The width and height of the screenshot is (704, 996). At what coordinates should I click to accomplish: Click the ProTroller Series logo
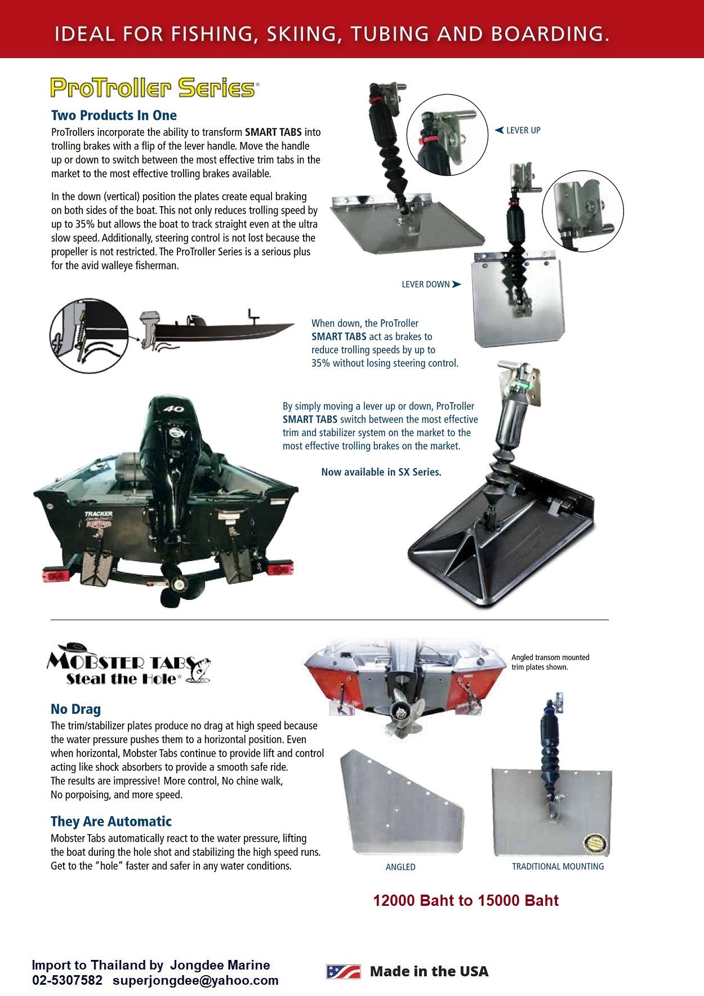(x=153, y=88)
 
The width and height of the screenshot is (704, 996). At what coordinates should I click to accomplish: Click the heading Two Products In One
(x=114, y=115)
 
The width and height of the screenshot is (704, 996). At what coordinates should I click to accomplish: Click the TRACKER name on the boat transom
(x=99, y=514)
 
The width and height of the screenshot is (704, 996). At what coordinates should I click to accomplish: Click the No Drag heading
(x=75, y=709)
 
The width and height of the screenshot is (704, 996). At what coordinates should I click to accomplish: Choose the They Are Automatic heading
(x=111, y=821)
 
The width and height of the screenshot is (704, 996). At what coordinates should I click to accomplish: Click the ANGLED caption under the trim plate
(x=400, y=867)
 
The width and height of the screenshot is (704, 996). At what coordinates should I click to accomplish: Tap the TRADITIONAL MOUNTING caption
(x=558, y=866)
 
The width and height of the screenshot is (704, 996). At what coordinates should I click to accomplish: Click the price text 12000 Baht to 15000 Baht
(x=466, y=900)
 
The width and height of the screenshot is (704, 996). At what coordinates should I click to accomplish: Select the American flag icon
(x=344, y=971)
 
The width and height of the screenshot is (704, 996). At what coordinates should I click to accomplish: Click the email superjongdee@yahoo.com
(x=195, y=980)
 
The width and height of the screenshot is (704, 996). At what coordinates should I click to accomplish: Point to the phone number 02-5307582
(x=67, y=980)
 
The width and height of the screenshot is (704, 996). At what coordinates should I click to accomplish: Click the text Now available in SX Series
(x=381, y=472)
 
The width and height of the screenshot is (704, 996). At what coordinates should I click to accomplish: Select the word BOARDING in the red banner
(x=550, y=34)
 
